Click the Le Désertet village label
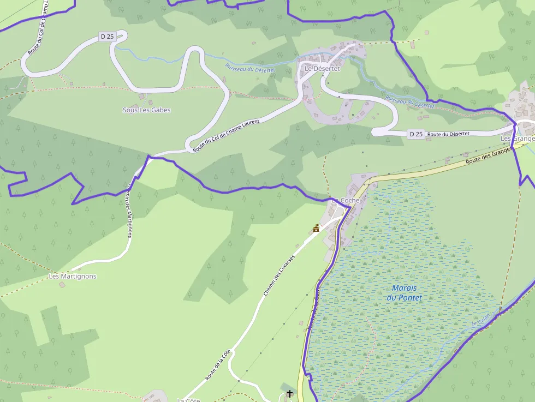[x=322, y=69]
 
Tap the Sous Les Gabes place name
[x=146, y=110]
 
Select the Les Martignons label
[x=73, y=277]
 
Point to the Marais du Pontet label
[x=405, y=293]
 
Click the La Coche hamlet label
[x=346, y=201]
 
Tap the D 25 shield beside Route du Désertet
[x=415, y=134]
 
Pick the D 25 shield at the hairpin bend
[x=107, y=37]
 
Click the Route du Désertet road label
[x=448, y=134]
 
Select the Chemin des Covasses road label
[x=279, y=275]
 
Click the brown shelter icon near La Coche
[x=316, y=228]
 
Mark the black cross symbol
[x=289, y=393]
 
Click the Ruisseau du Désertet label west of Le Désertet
[x=250, y=68]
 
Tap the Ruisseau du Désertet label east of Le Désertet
[x=409, y=101]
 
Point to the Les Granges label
[x=517, y=139]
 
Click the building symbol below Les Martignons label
[x=61, y=285]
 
